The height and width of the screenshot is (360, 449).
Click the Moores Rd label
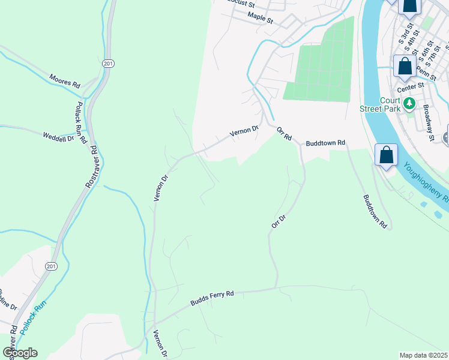point(64,82)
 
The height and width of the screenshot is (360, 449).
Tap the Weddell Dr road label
point(58,137)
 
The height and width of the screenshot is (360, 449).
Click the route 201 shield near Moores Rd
point(107,63)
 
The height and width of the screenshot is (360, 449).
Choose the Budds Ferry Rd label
point(212,298)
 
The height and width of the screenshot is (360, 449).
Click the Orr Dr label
point(277,221)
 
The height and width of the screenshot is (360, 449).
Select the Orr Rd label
point(284,133)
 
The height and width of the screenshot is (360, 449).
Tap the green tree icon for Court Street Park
point(410,103)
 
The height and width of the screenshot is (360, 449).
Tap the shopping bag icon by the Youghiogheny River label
point(387,155)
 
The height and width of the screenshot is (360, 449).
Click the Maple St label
point(260,19)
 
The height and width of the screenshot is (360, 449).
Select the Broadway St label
point(428,123)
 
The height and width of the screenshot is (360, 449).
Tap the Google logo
point(20,353)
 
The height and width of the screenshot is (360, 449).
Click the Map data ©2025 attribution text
point(423,355)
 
